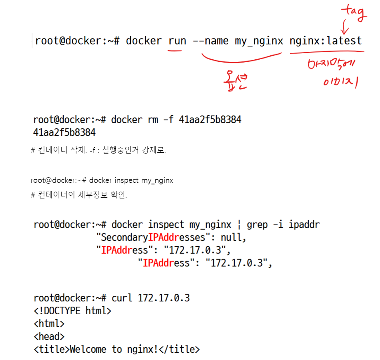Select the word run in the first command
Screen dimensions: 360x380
[x=177, y=41]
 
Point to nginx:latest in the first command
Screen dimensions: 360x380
[x=326, y=41]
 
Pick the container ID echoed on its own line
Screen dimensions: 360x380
[x=64, y=132]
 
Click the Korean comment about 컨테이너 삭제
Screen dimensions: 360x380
[x=98, y=151]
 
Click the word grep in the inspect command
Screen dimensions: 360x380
[x=257, y=224]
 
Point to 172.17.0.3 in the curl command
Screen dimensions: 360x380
[x=164, y=298]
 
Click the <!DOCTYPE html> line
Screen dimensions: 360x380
[x=72, y=311]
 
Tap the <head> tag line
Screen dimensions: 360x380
[x=49, y=336]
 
